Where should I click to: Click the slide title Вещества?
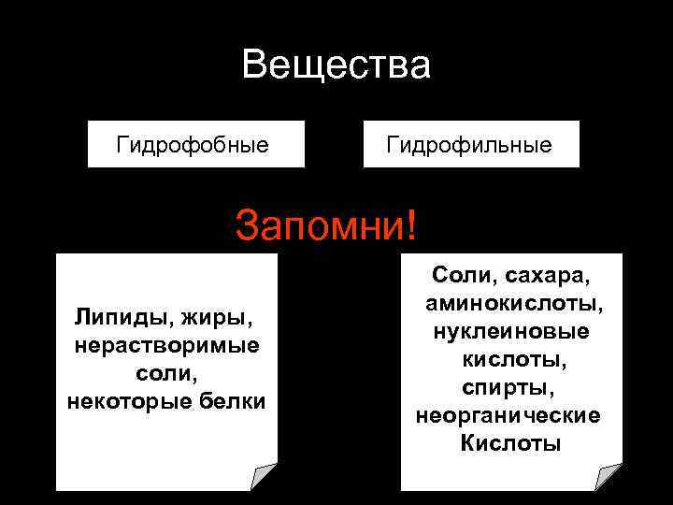(336, 65)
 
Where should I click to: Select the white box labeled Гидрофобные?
(195, 145)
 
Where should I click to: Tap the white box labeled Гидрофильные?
(470, 145)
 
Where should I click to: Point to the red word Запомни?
(328, 224)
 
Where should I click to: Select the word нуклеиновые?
(510, 331)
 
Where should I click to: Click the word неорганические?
(508, 414)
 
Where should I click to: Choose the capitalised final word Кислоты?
(510, 442)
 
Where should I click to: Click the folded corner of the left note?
(265, 477)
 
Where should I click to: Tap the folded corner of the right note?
(609, 477)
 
